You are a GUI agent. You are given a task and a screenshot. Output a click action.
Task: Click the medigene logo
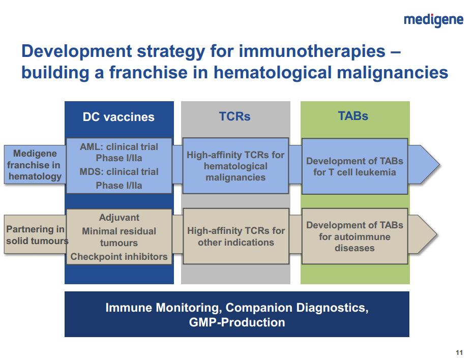point(433,20)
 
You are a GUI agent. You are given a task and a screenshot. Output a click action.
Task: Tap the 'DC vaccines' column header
point(118,117)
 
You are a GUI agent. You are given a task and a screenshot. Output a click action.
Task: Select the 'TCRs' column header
point(234,116)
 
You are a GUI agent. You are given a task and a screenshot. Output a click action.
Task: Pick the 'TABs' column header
point(353,115)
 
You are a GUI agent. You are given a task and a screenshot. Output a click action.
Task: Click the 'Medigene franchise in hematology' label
point(35,165)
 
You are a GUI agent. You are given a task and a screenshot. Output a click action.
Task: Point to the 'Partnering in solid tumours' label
point(36,234)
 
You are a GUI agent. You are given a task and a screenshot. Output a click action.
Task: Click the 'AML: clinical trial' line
point(119,147)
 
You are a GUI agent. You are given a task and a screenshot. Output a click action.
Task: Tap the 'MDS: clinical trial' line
point(119,172)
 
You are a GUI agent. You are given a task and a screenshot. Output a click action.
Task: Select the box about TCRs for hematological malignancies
point(235,166)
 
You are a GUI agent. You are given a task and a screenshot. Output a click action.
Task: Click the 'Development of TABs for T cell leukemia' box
point(354,166)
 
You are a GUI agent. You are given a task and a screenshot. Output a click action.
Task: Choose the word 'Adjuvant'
point(119,218)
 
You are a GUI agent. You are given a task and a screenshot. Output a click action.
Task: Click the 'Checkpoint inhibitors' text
point(119,257)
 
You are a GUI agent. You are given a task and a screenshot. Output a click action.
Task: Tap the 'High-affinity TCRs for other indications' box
point(236,236)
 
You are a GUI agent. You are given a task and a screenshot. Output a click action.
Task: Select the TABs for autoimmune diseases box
point(354,236)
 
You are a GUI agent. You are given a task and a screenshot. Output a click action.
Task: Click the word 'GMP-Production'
point(237,322)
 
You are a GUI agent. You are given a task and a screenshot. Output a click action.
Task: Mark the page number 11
point(459,353)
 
